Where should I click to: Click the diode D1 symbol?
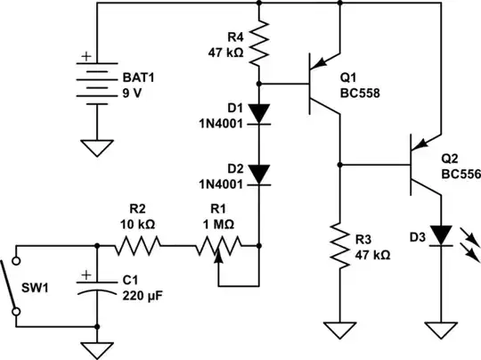tap(259, 112)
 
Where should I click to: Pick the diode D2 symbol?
tap(259, 172)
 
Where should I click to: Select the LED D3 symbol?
tap(440, 235)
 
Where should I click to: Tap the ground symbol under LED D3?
tap(440, 330)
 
